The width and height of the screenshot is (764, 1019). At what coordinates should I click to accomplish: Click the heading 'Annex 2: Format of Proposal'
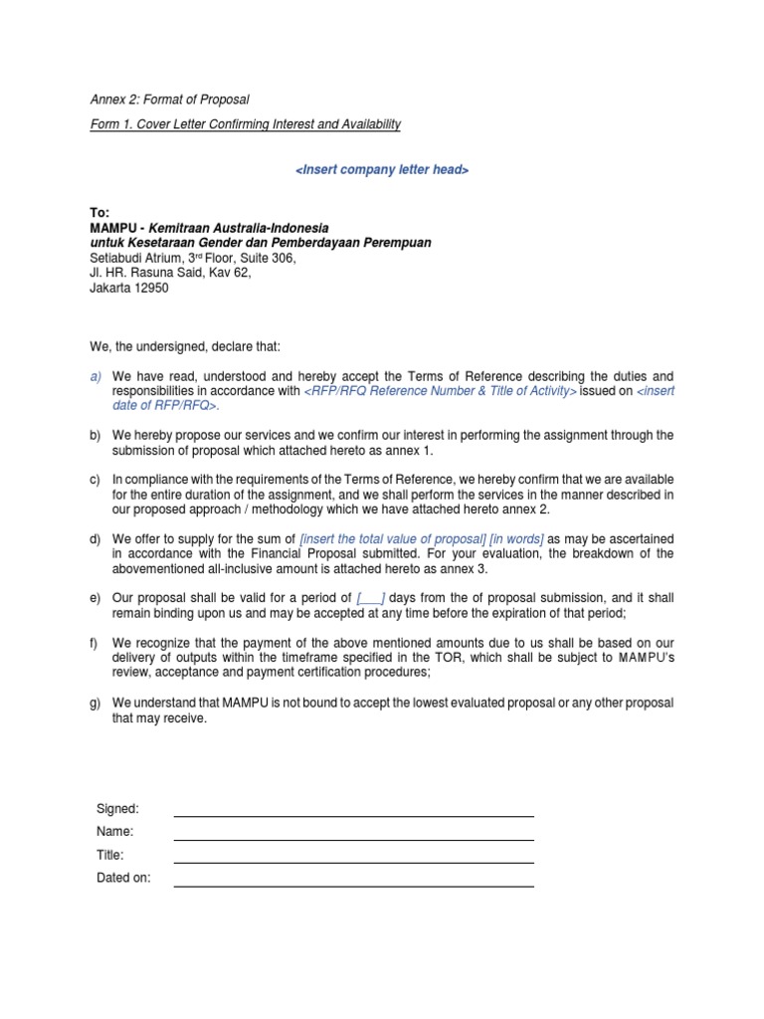coord(169,100)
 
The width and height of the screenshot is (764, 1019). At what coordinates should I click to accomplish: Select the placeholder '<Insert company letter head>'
coord(382,170)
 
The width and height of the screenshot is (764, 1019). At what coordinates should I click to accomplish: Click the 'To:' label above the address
coord(101,213)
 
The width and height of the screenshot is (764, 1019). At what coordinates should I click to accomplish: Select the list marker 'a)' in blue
coord(95,376)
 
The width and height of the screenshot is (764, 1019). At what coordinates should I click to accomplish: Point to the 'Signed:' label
coord(117,808)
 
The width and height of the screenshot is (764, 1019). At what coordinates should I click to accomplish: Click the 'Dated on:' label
coord(123,879)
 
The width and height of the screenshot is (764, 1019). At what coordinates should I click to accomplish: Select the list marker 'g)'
coord(95,704)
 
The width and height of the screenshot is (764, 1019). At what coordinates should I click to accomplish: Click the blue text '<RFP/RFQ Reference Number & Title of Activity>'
coord(440,391)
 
